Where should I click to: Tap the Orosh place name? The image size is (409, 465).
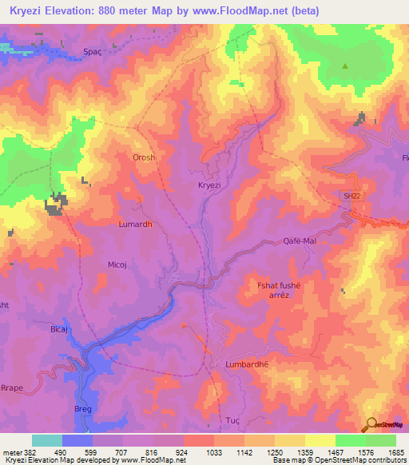[x=144, y=157]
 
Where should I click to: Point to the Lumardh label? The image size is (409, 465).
[x=135, y=225]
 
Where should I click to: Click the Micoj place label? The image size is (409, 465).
[x=119, y=263]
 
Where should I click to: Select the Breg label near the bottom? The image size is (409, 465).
[x=84, y=409]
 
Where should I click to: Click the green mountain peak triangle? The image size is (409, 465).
[x=345, y=67]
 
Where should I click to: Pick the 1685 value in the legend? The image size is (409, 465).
[x=396, y=452]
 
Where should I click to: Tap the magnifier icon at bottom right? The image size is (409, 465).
[x=369, y=425]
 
